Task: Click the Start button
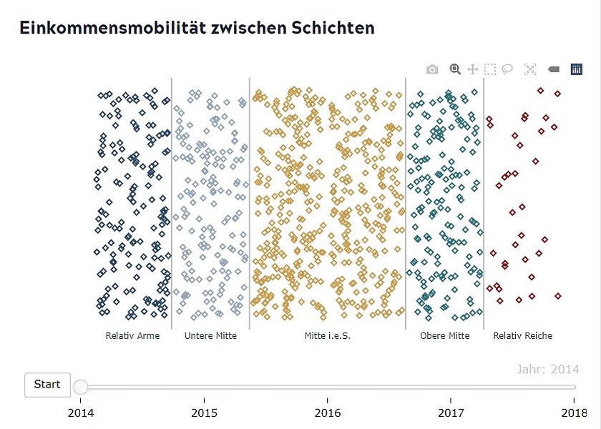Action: pyautogui.click(x=47, y=385)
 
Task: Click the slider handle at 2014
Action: pyautogui.click(x=81, y=387)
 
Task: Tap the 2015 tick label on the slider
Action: pyautogui.click(x=204, y=413)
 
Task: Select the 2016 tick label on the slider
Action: pyautogui.click(x=327, y=413)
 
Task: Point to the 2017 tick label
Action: pyautogui.click(x=451, y=413)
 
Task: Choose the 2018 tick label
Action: pyautogui.click(x=574, y=413)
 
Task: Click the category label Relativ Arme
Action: pyautogui.click(x=132, y=335)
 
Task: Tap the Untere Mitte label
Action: pyautogui.click(x=210, y=335)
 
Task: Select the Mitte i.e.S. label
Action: pyautogui.click(x=327, y=335)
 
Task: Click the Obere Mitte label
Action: pyautogui.click(x=444, y=335)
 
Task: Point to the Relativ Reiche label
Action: pyautogui.click(x=522, y=335)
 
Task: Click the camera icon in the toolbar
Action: pyautogui.click(x=432, y=69)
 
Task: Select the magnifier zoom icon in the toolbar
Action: pyautogui.click(x=454, y=69)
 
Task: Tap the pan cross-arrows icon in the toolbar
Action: pyautogui.click(x=472, y=69)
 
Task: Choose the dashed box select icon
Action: pyautogui.click(x=489, y=69)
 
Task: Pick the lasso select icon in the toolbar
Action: pyautogui.click(x=507, y=69)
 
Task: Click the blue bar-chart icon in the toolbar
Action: pyautogui.click(x=576, y=69)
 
